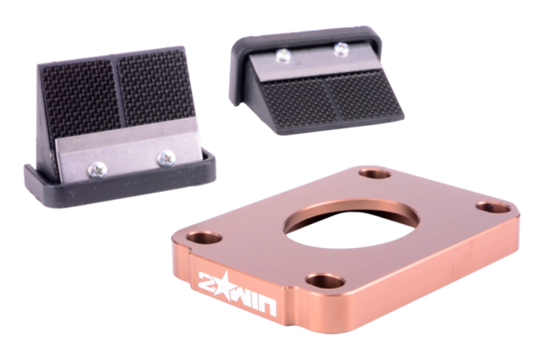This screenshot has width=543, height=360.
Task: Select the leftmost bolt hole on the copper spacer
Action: pos(204,238)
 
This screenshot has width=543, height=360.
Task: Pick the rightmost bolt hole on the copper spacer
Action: pos(493,207)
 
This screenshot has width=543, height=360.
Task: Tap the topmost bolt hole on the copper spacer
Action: pos(375,173)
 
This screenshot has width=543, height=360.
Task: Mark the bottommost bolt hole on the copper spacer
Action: pos(325,280)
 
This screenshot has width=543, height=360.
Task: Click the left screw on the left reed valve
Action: pos(98,170)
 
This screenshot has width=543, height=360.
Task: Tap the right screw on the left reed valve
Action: pos(166,158)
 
